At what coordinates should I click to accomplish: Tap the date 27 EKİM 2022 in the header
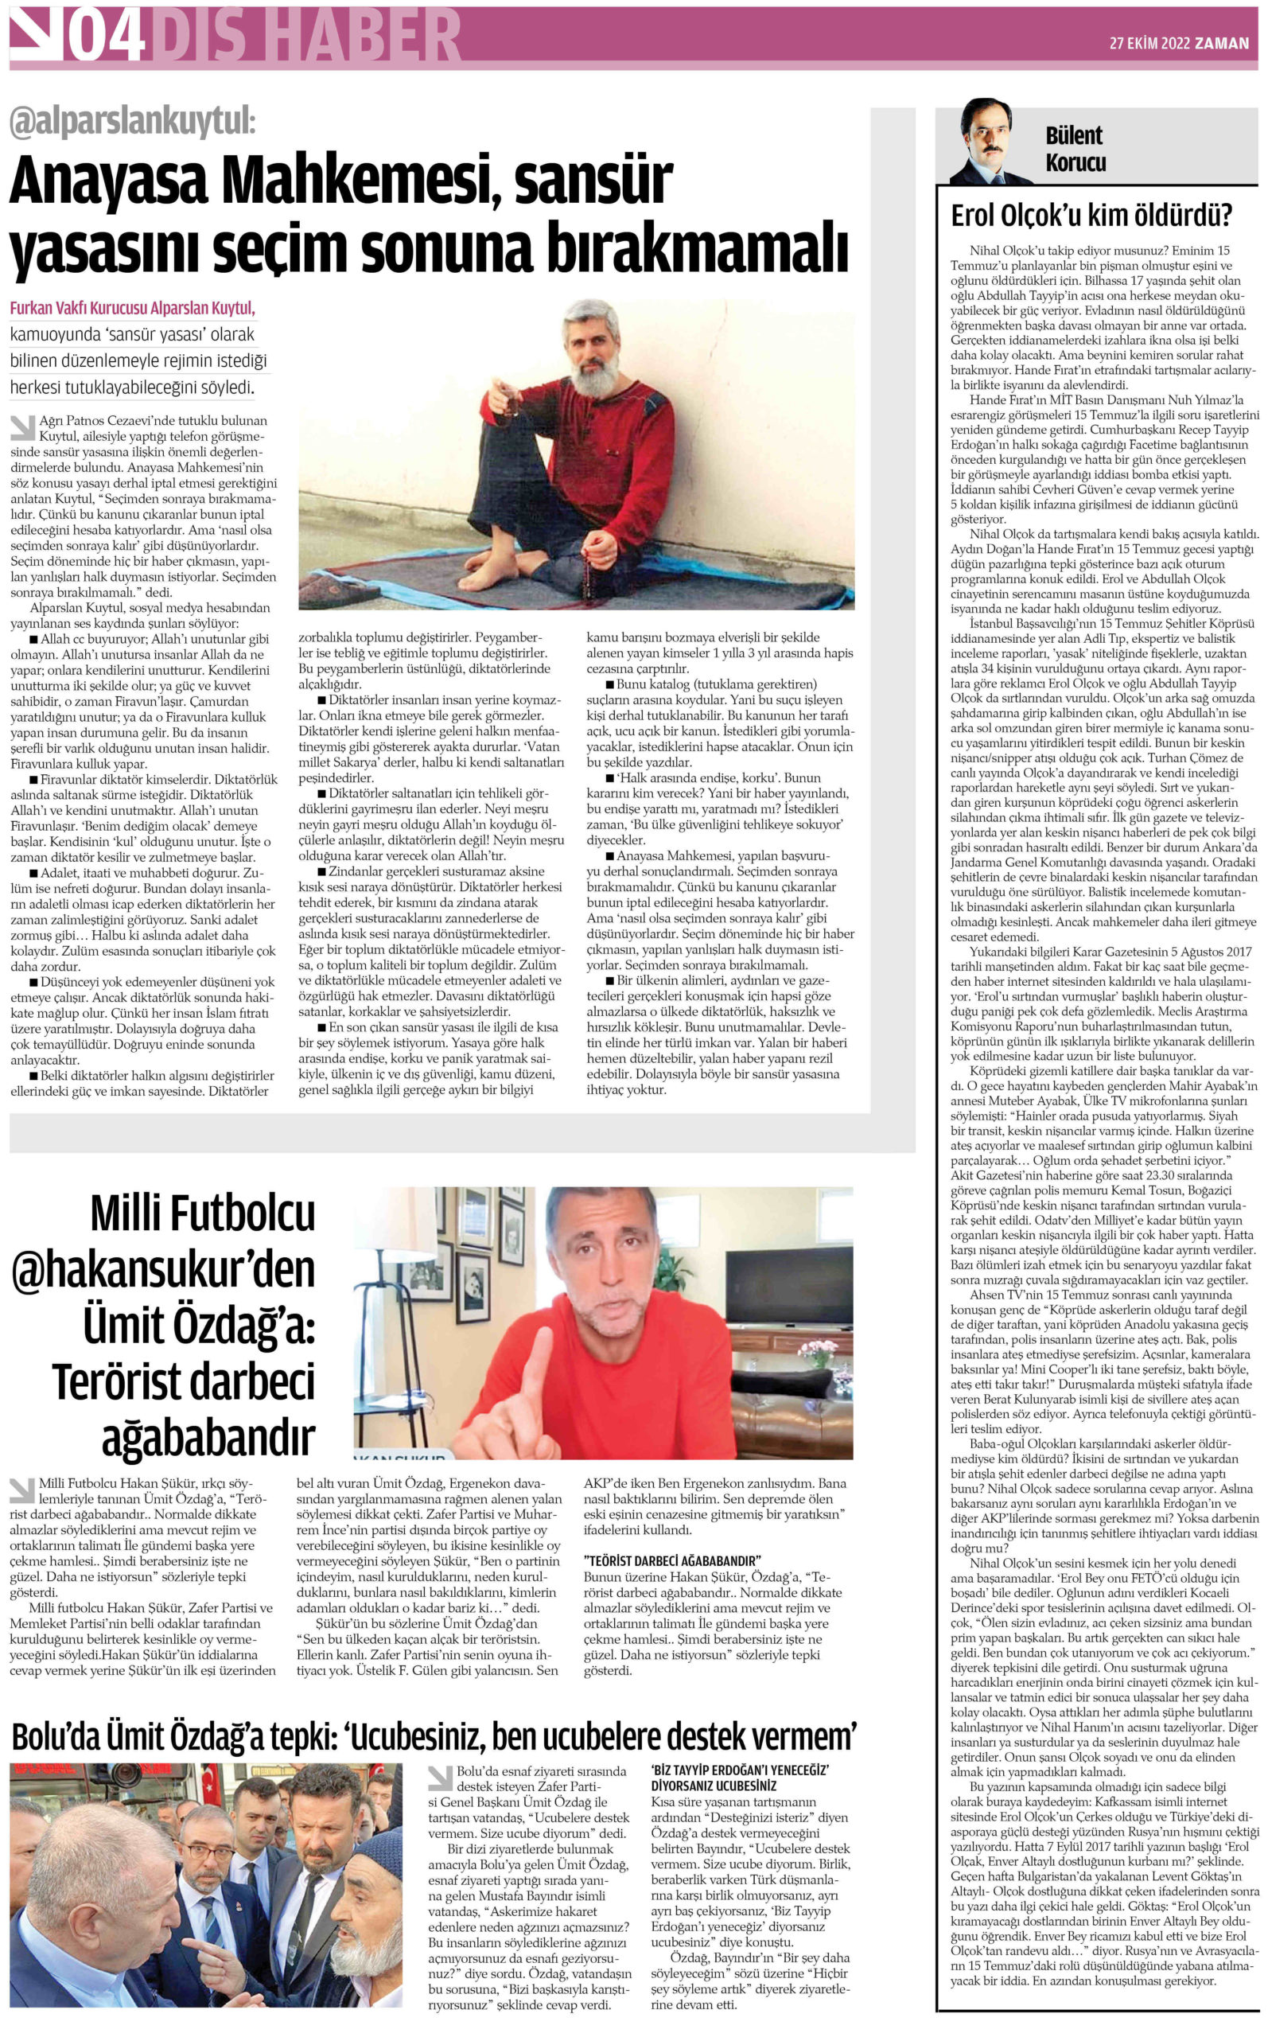coord(1148,44)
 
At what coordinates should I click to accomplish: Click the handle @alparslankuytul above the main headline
coord(133,123)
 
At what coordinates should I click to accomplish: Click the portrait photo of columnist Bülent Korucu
coord(990,142)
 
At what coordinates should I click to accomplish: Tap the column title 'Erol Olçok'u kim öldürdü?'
coord(1091,216)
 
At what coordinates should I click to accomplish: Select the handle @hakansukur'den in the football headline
coord(164,1272)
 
